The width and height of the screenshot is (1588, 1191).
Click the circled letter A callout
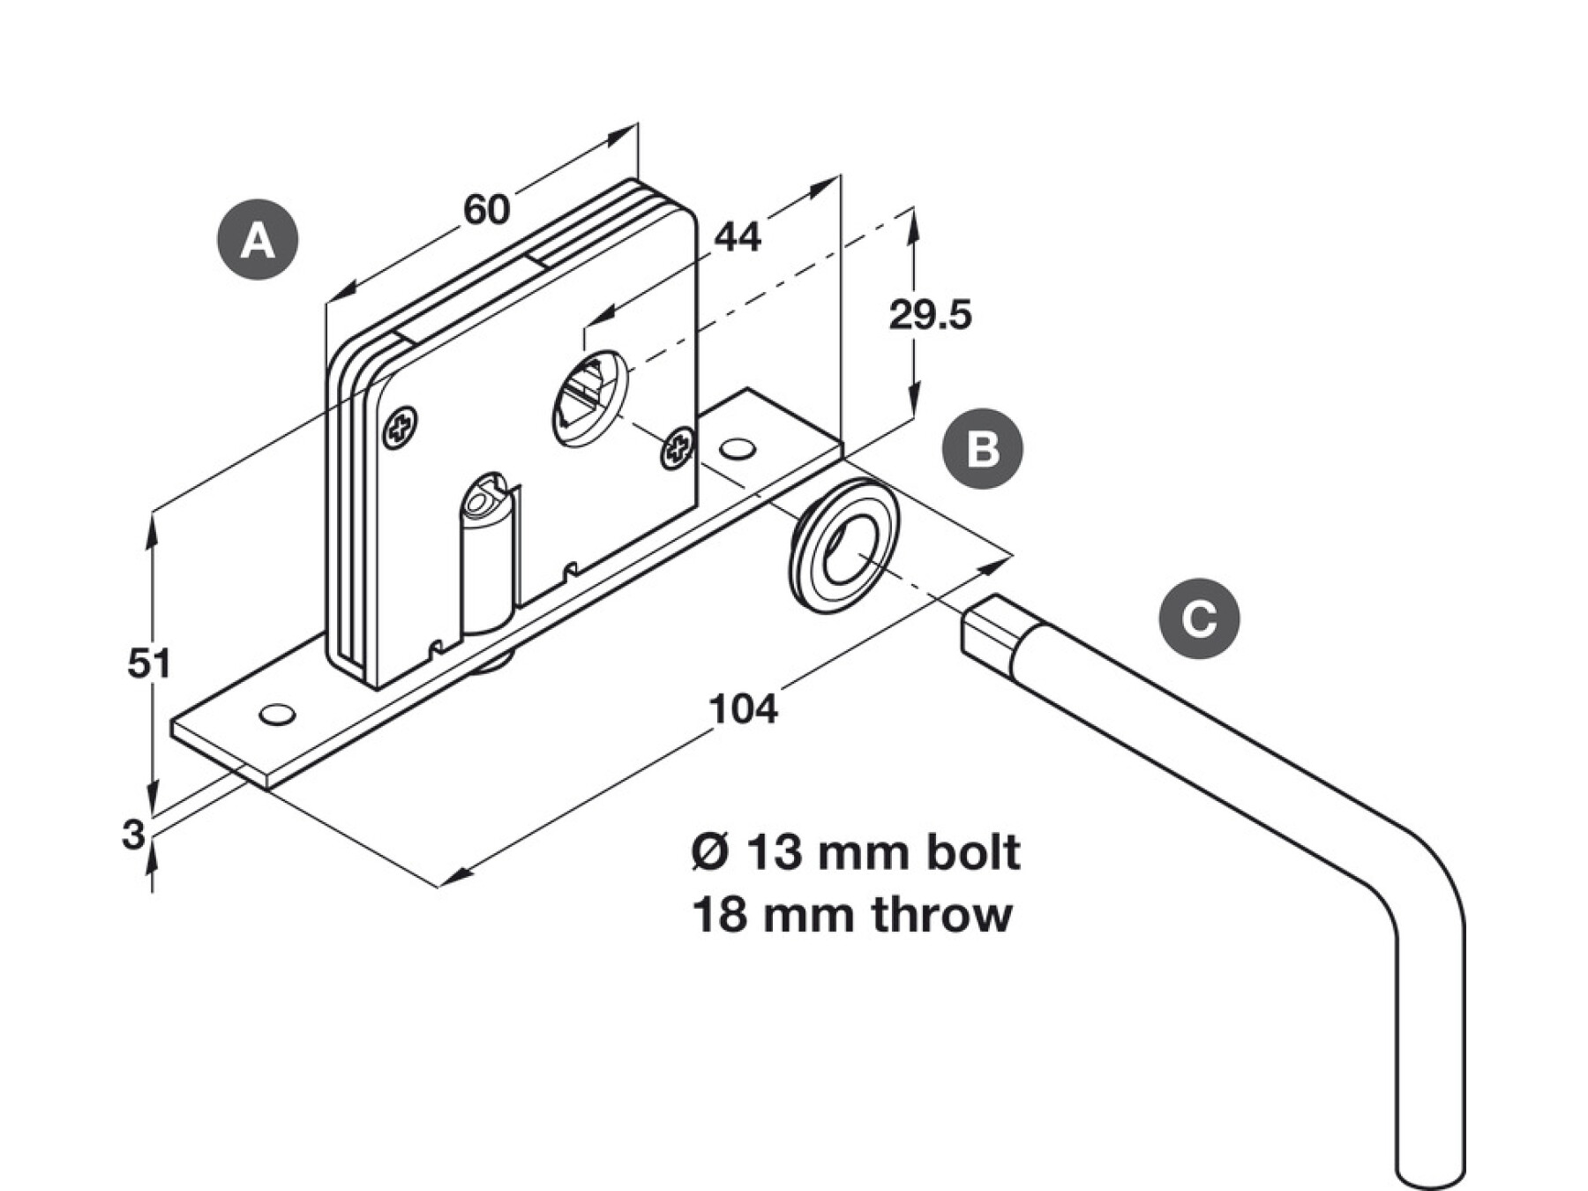pos(258,240)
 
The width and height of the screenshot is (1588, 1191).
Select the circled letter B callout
pos(983,448)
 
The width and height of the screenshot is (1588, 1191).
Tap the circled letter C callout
pos(1199,618)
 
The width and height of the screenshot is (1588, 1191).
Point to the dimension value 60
pos(487,210)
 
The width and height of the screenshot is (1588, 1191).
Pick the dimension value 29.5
pos(930,315)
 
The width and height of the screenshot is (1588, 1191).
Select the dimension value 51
pos(149,663)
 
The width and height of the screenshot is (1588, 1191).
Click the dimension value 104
pos(744,709)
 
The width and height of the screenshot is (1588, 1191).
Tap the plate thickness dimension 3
pos(133,834)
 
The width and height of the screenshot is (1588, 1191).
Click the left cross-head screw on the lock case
pos(401,429)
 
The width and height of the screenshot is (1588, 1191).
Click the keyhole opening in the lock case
pos(588,399)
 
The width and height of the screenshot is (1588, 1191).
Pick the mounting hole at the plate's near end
pos(277,715)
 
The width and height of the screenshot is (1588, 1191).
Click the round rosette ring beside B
pos(846,544)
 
